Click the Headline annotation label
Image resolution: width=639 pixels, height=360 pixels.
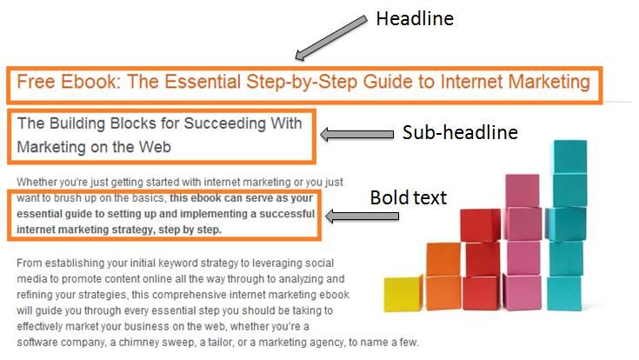coord(415,19)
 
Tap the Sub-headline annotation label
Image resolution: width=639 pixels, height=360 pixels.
coord(460,132)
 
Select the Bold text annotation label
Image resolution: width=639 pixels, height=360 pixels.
coord(409,197)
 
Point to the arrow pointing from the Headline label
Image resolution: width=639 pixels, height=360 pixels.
coord(330,38)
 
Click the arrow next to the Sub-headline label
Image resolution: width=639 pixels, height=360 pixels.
coord(357,134)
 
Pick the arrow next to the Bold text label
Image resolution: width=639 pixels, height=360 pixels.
coord(362,216)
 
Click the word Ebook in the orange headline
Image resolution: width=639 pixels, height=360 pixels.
coord(90,82)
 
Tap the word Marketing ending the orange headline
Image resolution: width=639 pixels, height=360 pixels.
coord(549,82)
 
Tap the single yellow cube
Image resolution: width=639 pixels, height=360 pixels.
coord(403,294)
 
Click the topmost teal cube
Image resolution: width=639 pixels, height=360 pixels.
coord(569,157)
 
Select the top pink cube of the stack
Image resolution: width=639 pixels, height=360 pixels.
coord(522,190)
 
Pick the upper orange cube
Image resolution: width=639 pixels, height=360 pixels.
coord(443,259)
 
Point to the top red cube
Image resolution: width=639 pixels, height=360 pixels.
coord(480,225)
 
